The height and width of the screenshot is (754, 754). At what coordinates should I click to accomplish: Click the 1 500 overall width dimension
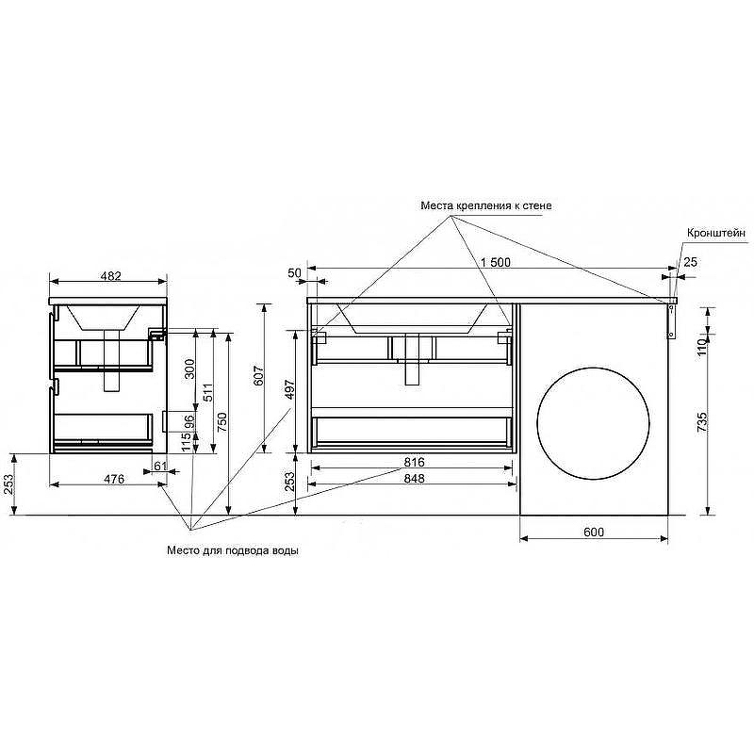pos(495,263)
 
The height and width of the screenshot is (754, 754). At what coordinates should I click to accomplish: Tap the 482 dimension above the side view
pos(110,276)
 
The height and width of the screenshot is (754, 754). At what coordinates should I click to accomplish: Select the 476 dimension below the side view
pos(114,479)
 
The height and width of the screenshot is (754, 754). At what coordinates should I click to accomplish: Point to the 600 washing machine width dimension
pos(594,532)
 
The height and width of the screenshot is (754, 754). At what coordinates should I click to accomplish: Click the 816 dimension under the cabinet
pos(414,462)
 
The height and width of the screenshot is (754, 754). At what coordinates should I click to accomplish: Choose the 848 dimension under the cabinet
pos(414,479)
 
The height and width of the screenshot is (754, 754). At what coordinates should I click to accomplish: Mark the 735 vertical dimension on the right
pos(702,421)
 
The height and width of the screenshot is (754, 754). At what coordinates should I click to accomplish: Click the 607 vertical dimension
pos(258,376)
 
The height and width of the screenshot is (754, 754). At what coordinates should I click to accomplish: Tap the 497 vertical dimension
pos(289,389)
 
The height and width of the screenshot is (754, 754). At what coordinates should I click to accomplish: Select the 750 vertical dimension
pos(221,422)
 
